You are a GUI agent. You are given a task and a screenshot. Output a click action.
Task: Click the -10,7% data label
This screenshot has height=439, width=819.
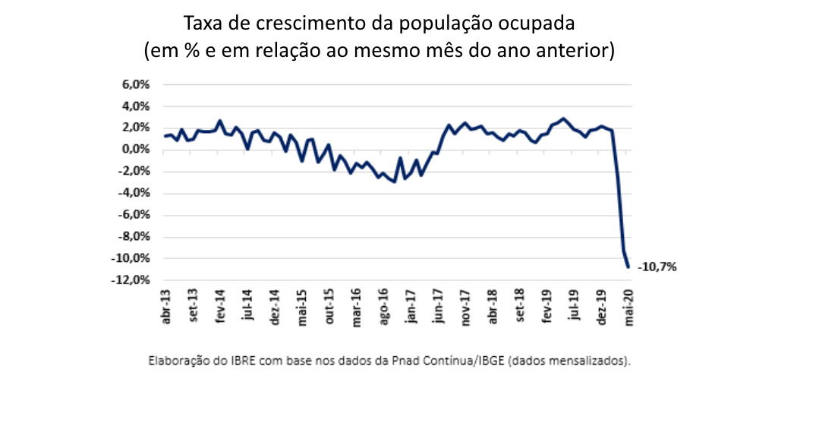[x=657, y=267]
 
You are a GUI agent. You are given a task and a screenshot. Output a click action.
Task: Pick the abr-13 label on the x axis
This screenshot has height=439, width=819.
[x=166, y=306]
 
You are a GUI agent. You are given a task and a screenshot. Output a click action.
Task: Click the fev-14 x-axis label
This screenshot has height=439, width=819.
[x=220, y=306]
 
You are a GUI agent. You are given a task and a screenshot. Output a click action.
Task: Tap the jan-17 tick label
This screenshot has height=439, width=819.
[x=411, y=306]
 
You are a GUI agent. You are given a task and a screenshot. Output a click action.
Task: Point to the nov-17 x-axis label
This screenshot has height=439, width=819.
[x=465, y=306]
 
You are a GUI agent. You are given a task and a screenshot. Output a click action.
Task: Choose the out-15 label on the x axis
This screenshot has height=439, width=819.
[x=329, y=306]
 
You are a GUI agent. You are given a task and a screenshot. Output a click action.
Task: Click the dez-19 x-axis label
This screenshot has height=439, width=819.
[x=601, y=306]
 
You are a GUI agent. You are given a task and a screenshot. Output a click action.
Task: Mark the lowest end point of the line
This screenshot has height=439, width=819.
[x=628, y=267]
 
